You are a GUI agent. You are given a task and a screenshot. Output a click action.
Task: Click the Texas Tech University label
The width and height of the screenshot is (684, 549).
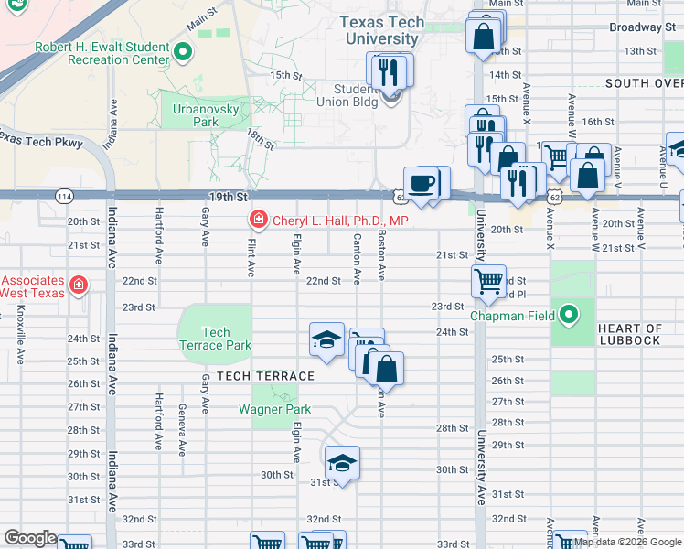coord(381,30)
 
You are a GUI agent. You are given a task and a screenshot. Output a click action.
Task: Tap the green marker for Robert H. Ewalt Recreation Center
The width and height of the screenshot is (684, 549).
coord(183,51)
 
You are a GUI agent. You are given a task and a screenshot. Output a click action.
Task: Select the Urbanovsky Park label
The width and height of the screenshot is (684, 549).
coord(194,115)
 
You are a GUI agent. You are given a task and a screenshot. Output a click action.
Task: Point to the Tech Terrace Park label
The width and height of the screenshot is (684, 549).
coord(216,339)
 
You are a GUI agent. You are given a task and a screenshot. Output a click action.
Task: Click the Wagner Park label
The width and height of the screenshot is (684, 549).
coord(275,410)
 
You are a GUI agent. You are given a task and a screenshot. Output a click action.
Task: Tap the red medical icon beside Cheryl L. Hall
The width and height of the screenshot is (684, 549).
coord(258,221)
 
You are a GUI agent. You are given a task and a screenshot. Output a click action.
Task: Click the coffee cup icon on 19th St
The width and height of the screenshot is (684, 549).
coord(422,183)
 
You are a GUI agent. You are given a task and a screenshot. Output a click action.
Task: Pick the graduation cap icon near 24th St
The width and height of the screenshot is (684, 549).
coord(326,339)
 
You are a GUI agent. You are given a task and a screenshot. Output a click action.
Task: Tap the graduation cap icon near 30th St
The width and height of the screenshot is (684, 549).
coord(342,462)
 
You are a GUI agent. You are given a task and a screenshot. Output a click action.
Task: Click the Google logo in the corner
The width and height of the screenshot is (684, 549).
coord(30,537)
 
